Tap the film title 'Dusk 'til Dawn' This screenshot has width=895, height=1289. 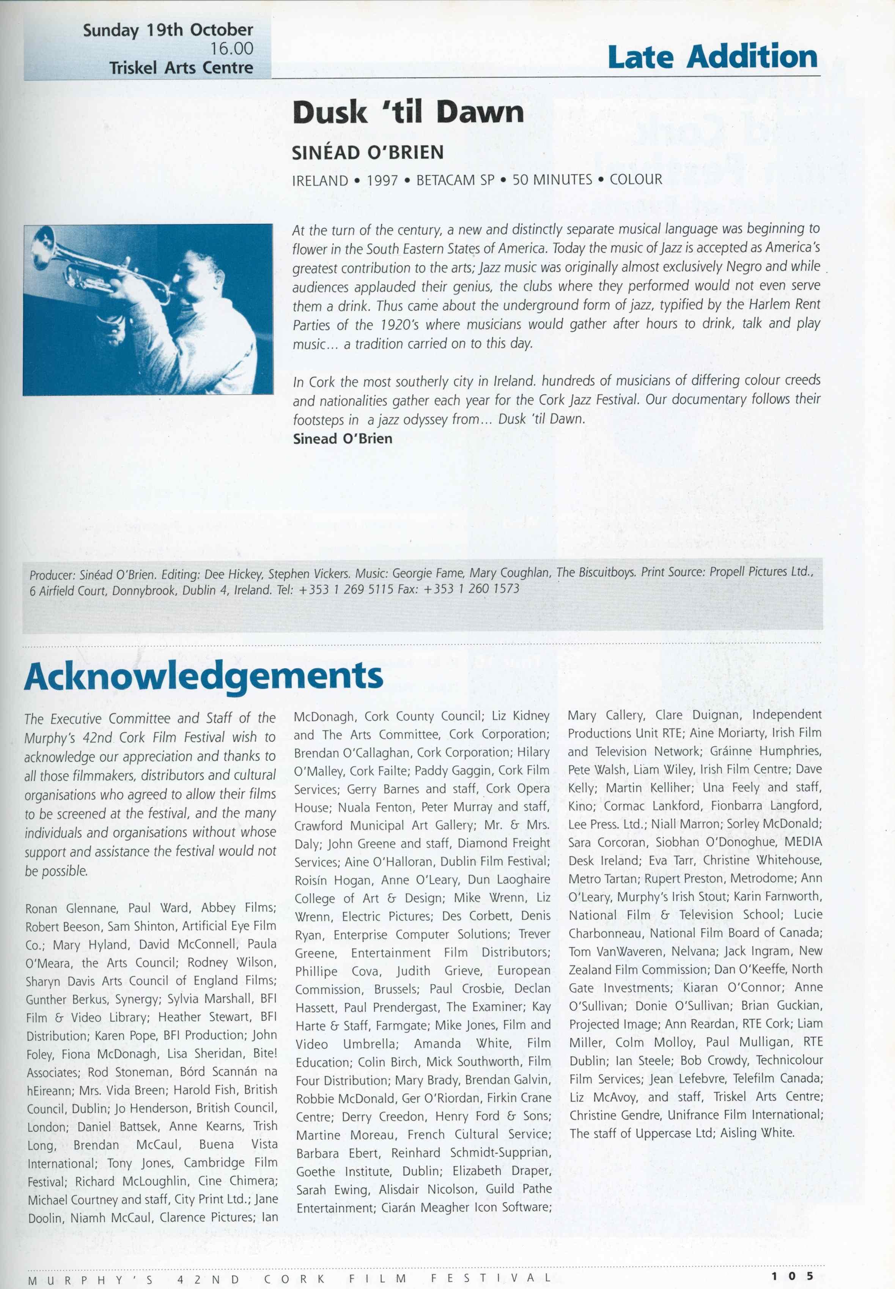pyautogui.click(x=408, y=112)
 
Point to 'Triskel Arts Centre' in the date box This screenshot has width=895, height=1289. pyautogui.click(x=181, y=68)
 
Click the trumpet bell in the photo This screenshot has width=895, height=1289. pyautogui.click(x=42, y=241)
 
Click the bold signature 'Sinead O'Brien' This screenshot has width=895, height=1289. pyautogui.click(x=343, y=439)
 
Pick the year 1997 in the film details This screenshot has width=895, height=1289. pyautogui.click(x=382, y=180)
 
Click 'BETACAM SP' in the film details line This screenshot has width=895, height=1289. pyautogui.click(x=455, y=180)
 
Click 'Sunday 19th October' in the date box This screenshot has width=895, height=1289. pyautogui.click(x=168, y=30)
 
